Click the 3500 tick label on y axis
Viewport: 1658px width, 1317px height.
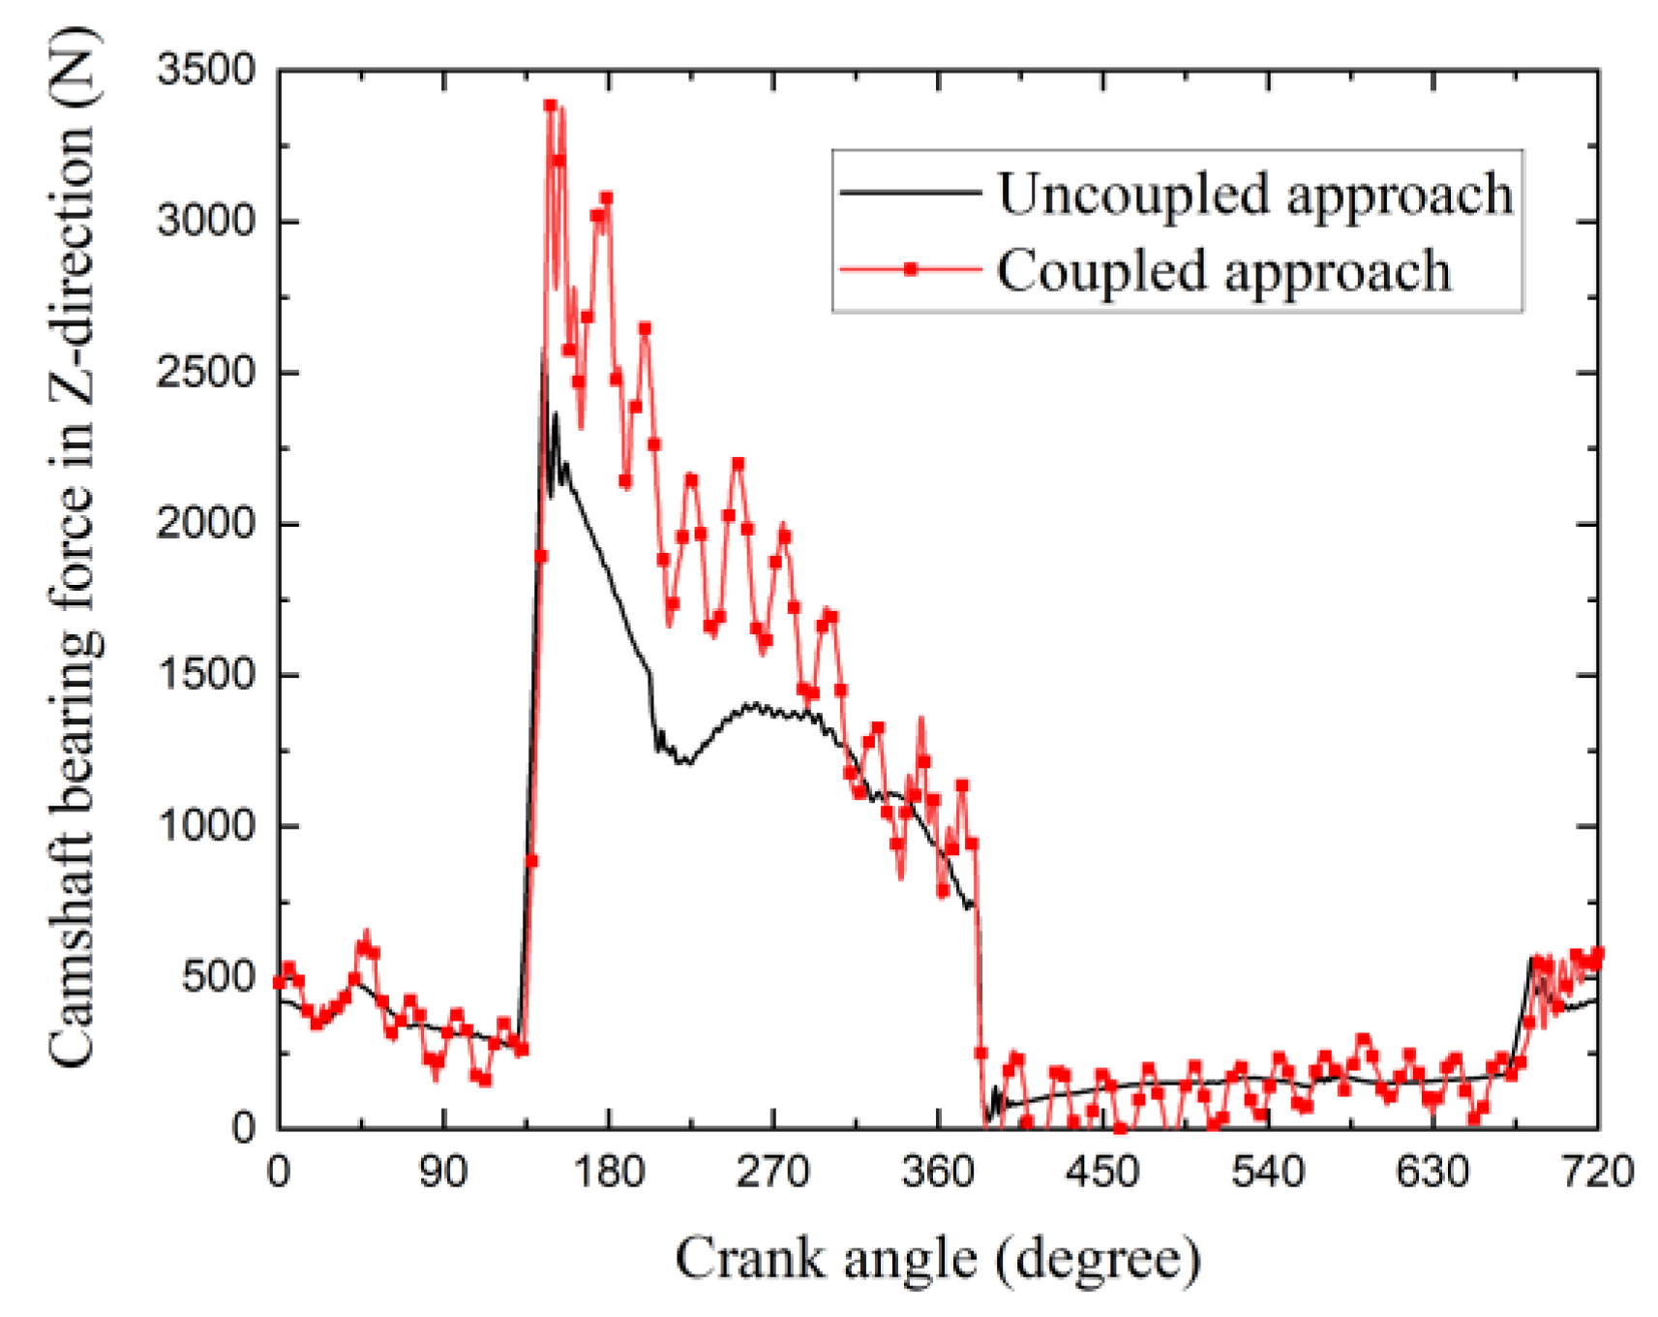coord(205,71)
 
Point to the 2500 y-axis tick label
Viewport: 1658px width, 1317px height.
coord(205,373)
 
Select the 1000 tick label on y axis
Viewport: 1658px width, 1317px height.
coord(205,826)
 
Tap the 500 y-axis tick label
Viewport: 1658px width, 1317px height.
coord(219,977)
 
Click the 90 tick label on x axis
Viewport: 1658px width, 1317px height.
coord(443,1173)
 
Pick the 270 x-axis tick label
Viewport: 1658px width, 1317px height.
coord(772,1173)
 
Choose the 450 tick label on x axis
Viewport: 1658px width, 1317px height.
coord(1102,1173)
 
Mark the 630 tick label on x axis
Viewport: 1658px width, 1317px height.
coord(1432,1173)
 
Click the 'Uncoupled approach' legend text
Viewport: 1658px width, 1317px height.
coord(1255,194)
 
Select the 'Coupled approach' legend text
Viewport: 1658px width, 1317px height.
coord(1223,270)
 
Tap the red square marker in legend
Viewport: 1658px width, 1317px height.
coord(910,270)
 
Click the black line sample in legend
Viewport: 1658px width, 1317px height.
coord(910,193)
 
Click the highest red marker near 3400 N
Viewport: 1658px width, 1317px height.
coord(550,105)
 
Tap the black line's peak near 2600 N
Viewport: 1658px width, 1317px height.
coord(544,351)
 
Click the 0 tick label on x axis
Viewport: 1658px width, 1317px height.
coord(279,1173)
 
